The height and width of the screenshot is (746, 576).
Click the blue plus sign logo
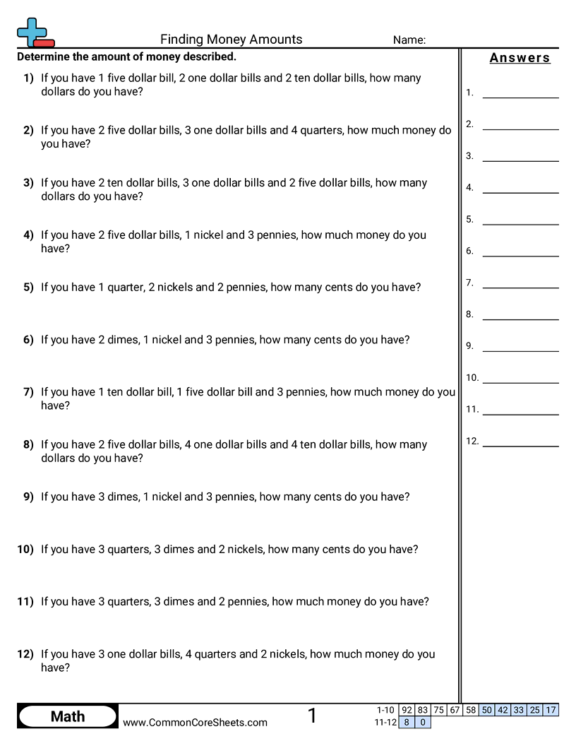point(32,32)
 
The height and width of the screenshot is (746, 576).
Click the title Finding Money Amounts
point(231,40)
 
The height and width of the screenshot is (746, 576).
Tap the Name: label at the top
point(409,40)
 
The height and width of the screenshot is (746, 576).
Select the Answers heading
point(520,58)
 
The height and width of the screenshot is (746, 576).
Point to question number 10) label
point(25,550)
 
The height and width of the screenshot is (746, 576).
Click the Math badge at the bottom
point(68,716)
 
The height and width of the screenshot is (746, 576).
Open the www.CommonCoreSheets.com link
point(195,722)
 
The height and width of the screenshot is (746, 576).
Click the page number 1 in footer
point(312,716)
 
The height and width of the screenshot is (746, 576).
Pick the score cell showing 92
point(407,710)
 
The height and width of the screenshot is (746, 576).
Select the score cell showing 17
point(551,710)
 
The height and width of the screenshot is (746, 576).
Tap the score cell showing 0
point(423,722)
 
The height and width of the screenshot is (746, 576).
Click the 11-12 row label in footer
point(385,722)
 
